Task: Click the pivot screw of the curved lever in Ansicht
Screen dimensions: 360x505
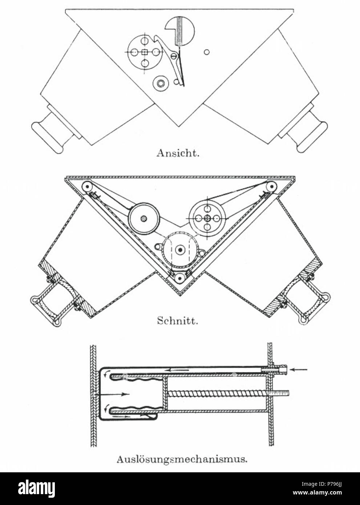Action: [174, 55]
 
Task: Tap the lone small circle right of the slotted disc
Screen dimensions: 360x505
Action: [206, 52]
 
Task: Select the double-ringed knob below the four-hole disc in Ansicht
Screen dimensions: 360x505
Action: [161, 84]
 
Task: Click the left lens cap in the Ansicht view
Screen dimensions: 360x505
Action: [48, 137]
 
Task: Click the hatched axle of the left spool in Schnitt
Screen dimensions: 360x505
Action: [143, 218]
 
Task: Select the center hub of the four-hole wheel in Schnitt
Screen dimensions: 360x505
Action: [207, 218]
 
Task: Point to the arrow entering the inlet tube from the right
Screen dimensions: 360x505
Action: [299, 369]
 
